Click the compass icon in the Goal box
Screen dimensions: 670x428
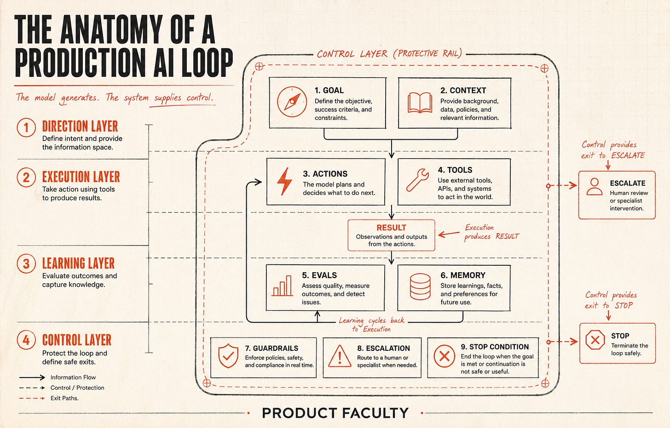[x=292, y=102]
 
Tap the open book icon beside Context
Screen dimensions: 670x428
[x=420, y=103]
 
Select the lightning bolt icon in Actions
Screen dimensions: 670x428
[x=284, y=182]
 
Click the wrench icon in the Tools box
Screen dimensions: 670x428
[x=417, y=180]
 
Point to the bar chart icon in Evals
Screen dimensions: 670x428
[x=282, y=286]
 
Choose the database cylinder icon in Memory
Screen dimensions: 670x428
[x=420, y=286]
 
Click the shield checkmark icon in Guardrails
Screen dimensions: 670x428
[x=228, y=356]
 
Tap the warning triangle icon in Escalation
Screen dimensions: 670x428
[x=340, y=356]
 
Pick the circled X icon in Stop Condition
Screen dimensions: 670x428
[x=444, y=356]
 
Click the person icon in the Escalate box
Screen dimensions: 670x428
[x=595, y=187]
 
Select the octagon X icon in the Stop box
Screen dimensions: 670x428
[x=595, y=340]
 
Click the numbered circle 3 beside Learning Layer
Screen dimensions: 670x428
[x=26, y=263]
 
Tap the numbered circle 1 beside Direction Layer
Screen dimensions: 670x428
[x=26, y=128]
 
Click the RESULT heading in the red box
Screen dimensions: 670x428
[x=391, y=228]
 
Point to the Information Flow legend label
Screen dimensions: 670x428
[x=73, y=377]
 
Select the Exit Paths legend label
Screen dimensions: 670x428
[x=64, y=398]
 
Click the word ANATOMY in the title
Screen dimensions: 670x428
[x=111, y=29]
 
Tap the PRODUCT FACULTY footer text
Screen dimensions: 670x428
[x=335, y=413]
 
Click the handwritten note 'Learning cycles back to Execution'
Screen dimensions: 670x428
[x=371, y=325]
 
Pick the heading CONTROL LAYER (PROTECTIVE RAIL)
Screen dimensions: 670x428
[x=389, y=54]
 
